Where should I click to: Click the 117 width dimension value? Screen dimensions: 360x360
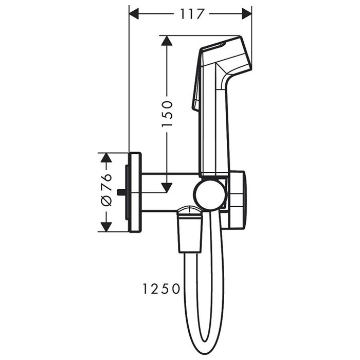191,14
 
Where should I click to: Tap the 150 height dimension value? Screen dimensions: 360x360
167,114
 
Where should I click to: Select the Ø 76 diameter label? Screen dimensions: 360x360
106,189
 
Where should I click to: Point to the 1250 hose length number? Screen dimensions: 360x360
161,289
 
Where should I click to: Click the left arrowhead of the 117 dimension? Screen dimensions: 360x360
134,14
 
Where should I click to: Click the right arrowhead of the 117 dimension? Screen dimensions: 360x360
247,14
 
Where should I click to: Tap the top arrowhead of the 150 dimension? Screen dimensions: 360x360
167,41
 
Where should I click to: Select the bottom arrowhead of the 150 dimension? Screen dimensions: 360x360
167,188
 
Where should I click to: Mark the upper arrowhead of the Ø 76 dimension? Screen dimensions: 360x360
106,158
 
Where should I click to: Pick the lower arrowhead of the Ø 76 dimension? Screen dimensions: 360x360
106,227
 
